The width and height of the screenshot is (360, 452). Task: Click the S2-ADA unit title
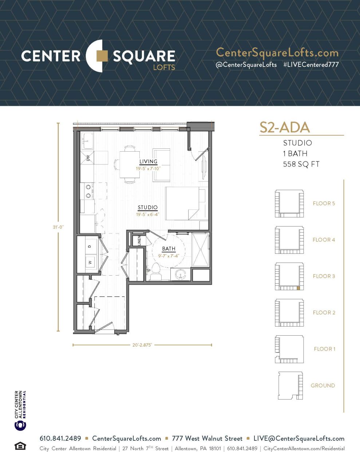[x=284, y=127]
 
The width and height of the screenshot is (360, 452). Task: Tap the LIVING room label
[x=148, y=161]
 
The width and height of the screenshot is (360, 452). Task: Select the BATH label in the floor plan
[x=169, y=249]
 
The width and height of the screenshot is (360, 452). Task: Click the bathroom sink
[x=180, y=274]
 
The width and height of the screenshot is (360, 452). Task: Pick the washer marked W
[x=90, y=262]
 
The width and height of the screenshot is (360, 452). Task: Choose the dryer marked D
[x=90, y=246]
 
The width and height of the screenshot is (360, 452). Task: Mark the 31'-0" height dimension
[x=58, y=227]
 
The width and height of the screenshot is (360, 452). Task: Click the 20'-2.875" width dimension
[x=142, y=345]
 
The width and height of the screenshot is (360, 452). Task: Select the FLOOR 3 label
[x=324, y=276]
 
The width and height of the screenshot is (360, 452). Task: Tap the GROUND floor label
[x=323, y=385]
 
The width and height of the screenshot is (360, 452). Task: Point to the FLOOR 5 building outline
[x=289, y=203]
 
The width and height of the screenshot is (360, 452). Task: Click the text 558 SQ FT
[x=301, y=164]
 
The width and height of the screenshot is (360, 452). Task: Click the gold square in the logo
[x=102, y=56]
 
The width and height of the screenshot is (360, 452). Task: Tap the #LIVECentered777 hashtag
[x=311, y=65]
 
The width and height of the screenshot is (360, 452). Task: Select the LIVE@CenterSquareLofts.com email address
[x=299, y=439]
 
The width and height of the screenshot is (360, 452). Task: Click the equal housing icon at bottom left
[x=20, y=446]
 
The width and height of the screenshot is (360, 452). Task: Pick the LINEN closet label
[x=139, y=241]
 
